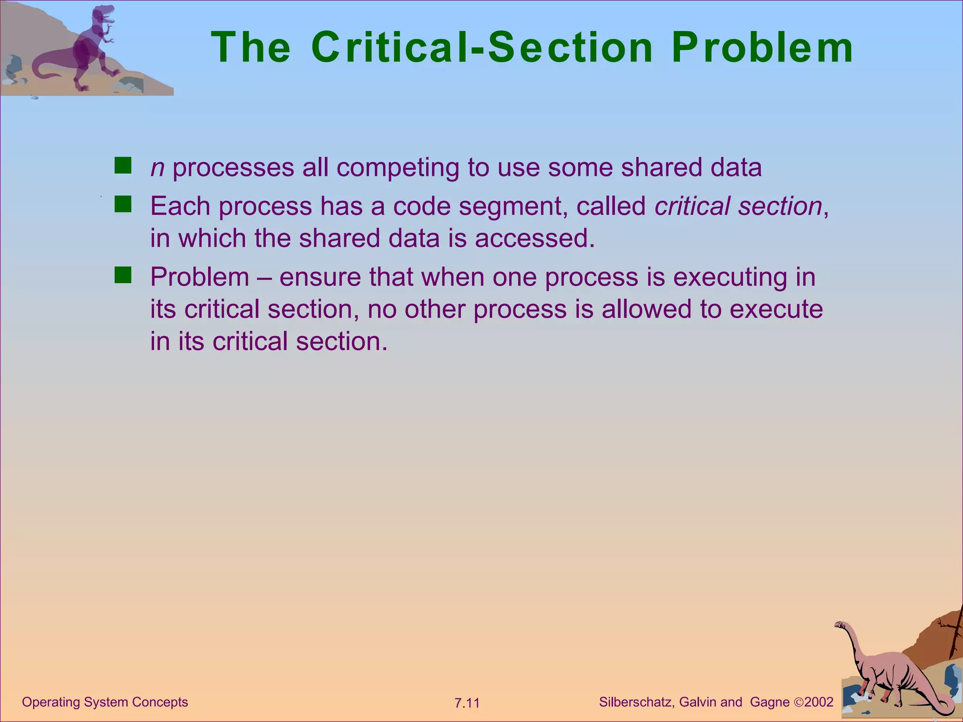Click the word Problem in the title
pyautogui.click(x=762, y=48)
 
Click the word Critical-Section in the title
pyautogui.click(x=482, y=48)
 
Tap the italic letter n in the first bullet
pyautogui.click(x=157, y=168)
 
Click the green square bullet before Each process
pyautogui.click(x=123, y=205)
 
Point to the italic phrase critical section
pyautogui.click(x=738, y=206)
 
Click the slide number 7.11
pyautogui.click(x=467, y=703)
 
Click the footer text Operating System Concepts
pyautogui.click(x=105, y=702)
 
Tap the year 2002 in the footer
pyautogui.click(x=819, y=702)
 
